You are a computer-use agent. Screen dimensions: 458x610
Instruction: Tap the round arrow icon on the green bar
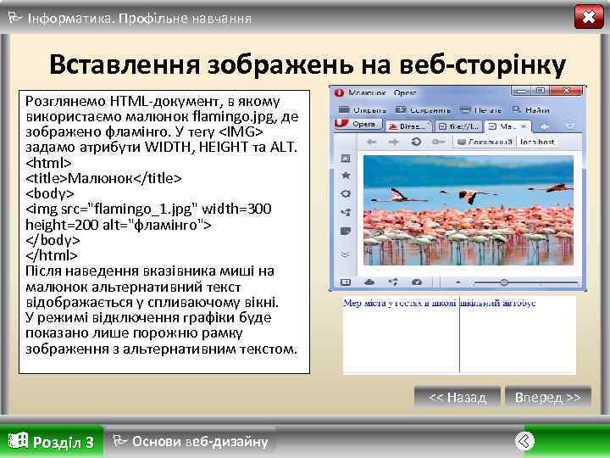tap(525, 440)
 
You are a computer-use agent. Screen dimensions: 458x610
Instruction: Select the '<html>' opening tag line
tap(50, 163)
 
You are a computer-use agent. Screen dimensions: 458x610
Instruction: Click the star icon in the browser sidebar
tap(346, 176)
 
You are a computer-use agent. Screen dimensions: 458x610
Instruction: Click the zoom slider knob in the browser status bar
tap(504, 282)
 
